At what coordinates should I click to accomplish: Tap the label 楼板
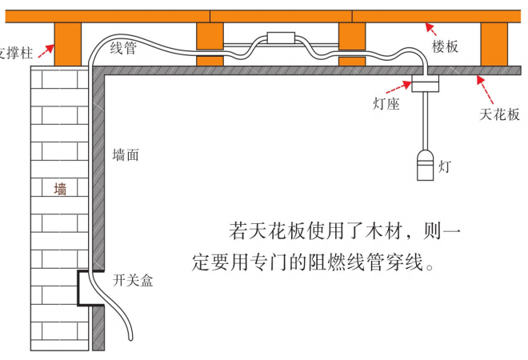coord(446,47)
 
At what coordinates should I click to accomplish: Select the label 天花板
coord(499,114)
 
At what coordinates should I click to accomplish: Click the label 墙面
coord(125,156)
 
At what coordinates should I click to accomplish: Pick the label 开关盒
coord(133,280)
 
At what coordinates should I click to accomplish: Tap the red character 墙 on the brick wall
coord(60,190)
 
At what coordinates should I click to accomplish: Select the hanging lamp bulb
coord(425,166)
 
